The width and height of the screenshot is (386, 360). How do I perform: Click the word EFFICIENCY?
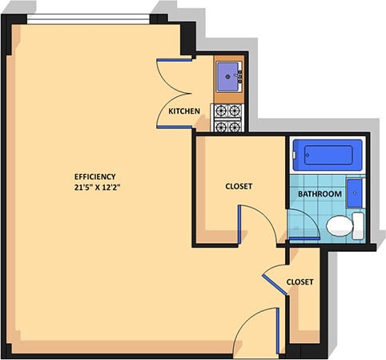coord(95,176)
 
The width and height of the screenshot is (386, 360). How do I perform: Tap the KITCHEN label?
coord(183,111)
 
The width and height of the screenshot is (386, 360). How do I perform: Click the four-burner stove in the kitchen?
coord(227,118)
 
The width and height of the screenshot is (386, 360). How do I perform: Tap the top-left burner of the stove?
coord(219,111)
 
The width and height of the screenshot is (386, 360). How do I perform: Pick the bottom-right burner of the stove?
coord(235,126)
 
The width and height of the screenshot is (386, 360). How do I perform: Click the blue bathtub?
coord(327,154)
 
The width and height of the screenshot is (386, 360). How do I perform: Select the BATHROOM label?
coord(320,194)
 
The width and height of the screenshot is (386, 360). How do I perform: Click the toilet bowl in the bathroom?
coord(340,225)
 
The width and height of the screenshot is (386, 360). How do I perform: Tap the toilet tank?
coord(359,225)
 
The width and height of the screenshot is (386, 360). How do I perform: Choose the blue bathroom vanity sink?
coord(357,193)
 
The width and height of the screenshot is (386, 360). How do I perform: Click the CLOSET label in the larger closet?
coord(239,186)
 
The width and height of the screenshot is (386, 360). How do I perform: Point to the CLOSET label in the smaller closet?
coord(300,282)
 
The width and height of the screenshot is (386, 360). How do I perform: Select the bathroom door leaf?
coord(304,239)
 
